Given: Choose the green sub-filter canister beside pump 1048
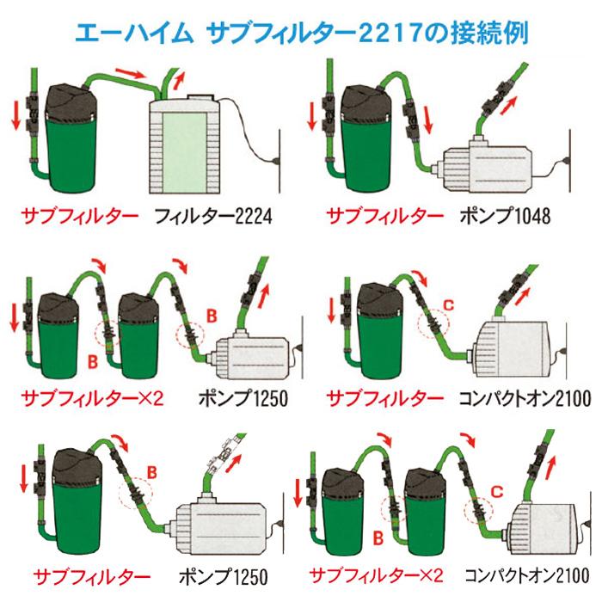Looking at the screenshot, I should pos(367,142).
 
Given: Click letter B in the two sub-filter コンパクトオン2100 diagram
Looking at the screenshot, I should pos(378,539).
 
